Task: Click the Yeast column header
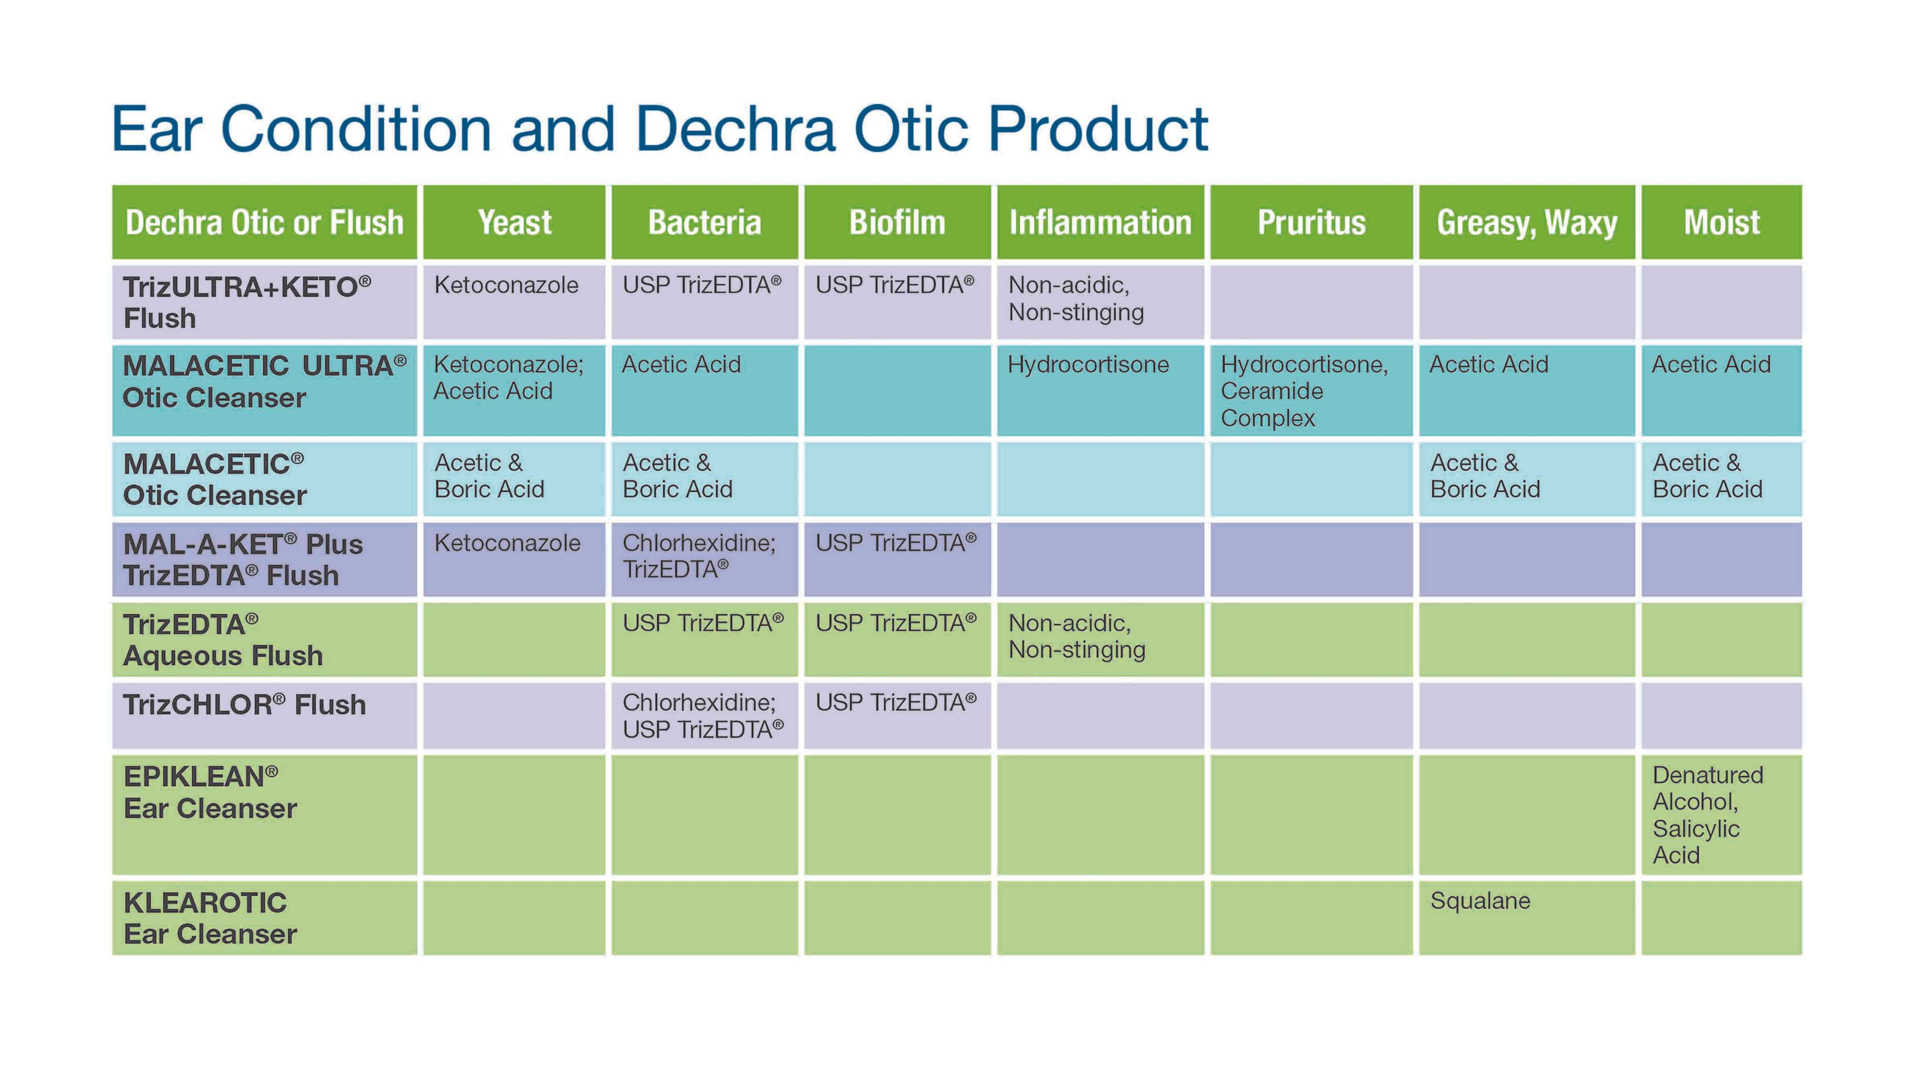coord(514,222)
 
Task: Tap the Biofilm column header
coord(897,222)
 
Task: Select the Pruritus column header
coord(1311,222)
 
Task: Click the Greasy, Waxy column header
coord(1527,222)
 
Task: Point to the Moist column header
coord(1721,222)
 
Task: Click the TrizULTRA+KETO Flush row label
coord(248,303)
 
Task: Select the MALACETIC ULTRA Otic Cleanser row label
coord(264,382)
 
